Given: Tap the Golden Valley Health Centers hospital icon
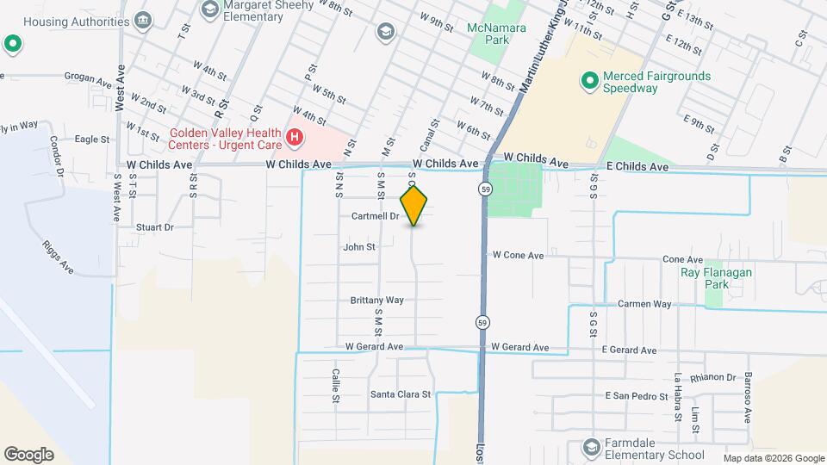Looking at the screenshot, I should point(295,136).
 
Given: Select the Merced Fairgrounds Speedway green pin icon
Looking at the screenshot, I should point(589,82).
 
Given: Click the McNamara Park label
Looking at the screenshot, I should point(495,33).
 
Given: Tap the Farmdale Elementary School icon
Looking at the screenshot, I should point(591,447).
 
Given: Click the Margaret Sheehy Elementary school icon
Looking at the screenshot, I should point(208,9).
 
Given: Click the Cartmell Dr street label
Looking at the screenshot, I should point(376,216).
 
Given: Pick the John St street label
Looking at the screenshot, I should point(359,247).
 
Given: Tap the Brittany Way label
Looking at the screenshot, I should point(377,301).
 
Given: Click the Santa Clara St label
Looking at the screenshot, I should point(400,394).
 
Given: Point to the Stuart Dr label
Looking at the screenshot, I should point(155,228).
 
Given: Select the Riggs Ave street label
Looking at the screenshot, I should point(59,256).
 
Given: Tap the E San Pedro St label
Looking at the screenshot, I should point(637,396).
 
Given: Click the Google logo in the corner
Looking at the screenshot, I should point(28,454).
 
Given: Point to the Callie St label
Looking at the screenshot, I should point(336,387).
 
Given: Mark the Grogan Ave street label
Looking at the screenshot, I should point(89,84).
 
